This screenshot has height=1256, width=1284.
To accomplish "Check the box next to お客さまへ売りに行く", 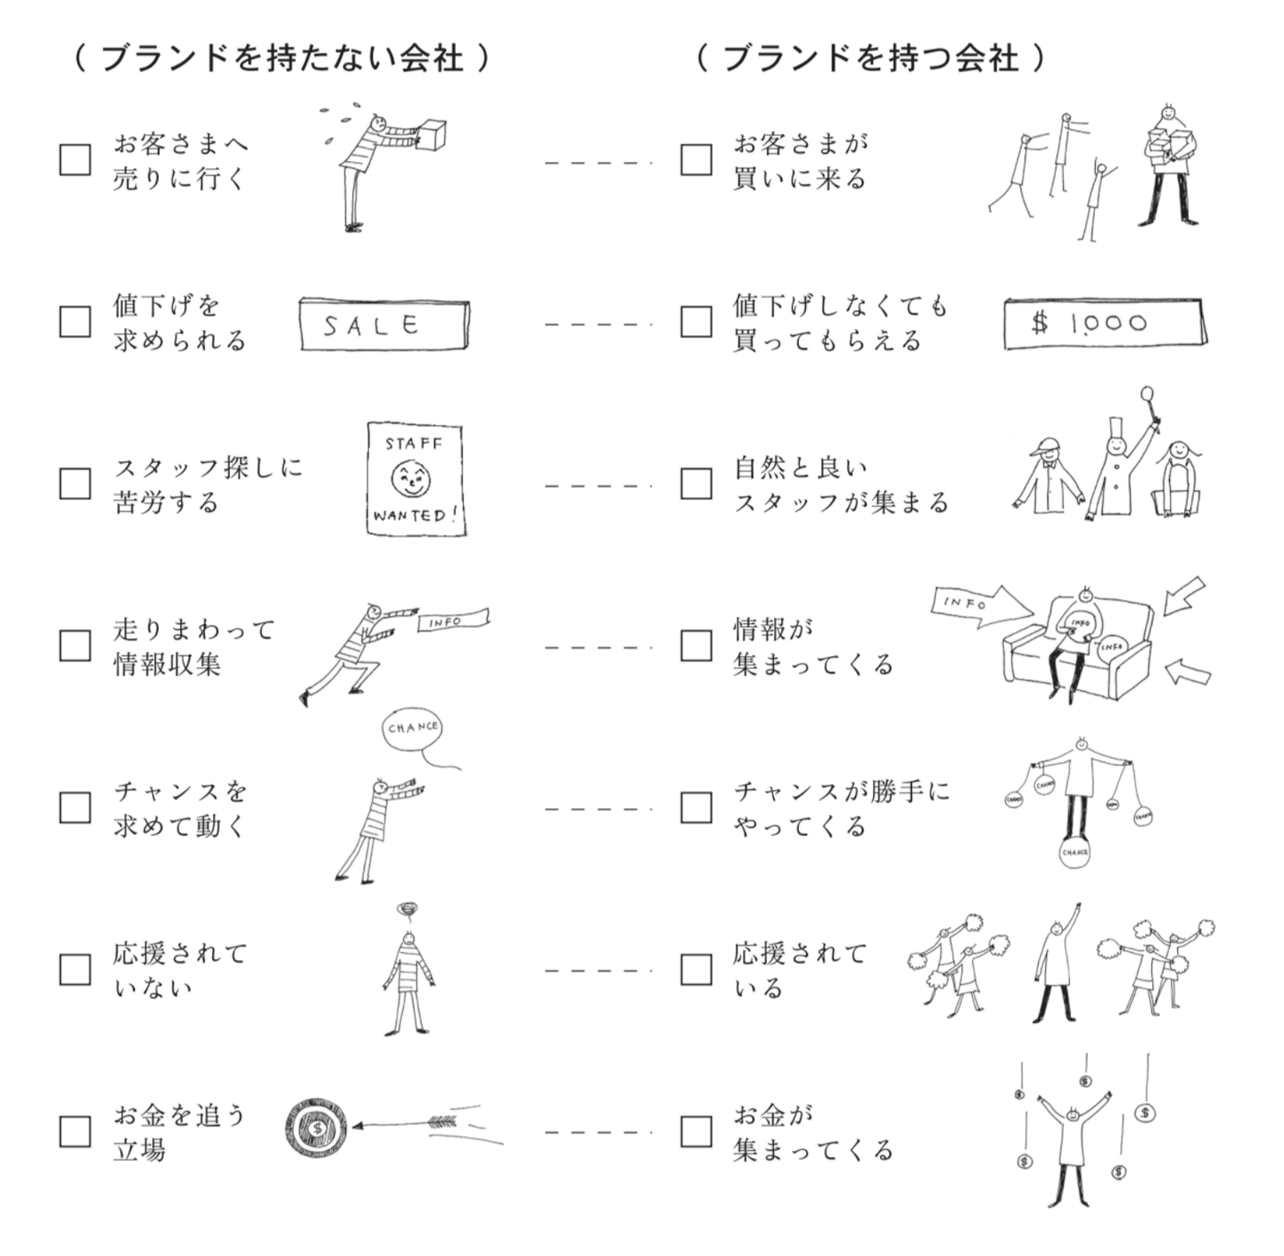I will click(x=75, y=160).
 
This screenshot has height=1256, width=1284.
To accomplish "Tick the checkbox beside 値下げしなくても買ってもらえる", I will click(x=695, y=322).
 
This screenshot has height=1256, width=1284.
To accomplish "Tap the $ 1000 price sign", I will click(x=1102, y=323).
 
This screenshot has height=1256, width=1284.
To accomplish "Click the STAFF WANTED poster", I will click(x=415, y=480).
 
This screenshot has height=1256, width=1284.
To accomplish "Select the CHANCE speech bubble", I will click(x=413, y=728).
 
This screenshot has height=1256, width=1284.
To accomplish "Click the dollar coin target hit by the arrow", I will click(x=317, y=1128).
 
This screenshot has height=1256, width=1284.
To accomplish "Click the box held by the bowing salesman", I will click(x=432, y=136).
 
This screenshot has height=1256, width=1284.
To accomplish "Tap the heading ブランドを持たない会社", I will click(x=282, y=59).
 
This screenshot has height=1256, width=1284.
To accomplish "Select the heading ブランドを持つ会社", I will click(x=869, y=59).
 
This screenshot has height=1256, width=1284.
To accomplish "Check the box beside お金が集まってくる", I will click(x=695, y=1131).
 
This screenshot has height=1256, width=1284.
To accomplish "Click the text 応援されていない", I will click(x=178, y=970).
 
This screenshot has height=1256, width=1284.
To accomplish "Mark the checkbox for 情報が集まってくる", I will click(x=695, y=645).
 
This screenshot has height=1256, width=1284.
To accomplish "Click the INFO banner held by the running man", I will click(x=454, y=620).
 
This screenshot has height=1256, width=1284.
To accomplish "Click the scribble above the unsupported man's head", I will click(x=407, y=910).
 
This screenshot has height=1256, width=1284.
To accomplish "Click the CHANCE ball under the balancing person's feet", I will click(x=1075, y=851).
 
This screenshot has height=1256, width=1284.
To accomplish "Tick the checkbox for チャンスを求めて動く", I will click(x=75, y=808).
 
